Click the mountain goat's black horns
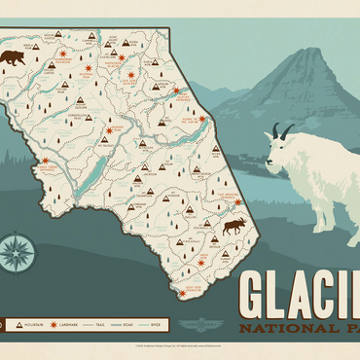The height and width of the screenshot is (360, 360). point(281,129)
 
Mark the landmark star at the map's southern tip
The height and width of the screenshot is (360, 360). point(181,292)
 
